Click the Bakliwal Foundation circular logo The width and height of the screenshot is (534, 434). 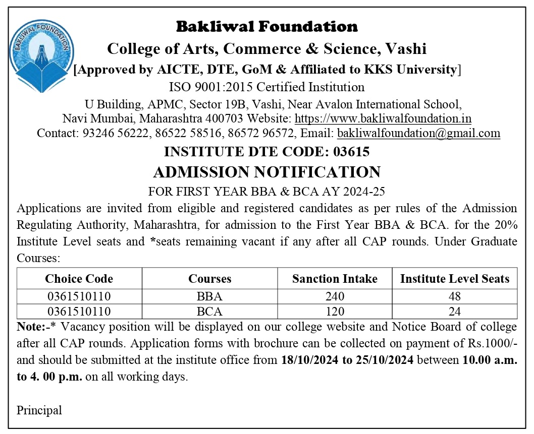41,56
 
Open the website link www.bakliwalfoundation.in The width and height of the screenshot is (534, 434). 383,119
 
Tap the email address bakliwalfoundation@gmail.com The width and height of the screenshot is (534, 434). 418,134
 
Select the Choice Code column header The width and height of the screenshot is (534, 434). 79,279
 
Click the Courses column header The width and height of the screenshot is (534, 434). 209,279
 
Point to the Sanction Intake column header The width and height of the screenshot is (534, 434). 335,279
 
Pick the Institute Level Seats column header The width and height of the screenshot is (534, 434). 454,279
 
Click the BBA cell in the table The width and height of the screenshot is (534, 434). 209,296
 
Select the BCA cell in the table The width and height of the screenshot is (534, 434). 209,312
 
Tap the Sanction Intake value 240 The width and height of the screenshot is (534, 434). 335,296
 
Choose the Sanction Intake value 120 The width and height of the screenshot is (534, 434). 335,312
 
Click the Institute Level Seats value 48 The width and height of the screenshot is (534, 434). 454,296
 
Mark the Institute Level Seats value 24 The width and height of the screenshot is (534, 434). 454,312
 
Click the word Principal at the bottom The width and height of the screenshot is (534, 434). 39,410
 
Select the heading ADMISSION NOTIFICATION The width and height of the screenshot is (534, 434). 266,172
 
